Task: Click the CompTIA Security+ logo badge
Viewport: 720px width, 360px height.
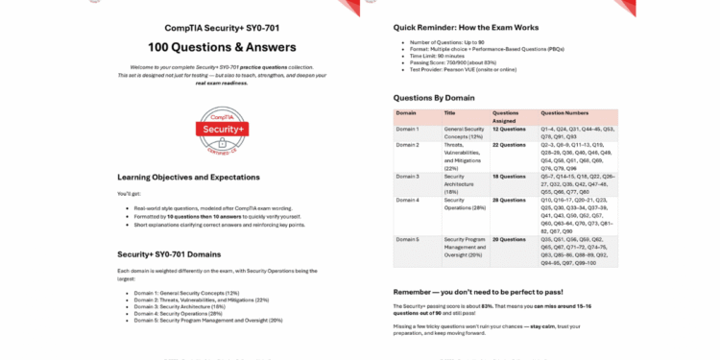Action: (x=222, y=129)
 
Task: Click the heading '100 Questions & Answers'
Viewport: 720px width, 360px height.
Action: (x=222, y=47)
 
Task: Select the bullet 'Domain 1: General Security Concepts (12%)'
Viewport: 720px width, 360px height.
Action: (x=186, y=293)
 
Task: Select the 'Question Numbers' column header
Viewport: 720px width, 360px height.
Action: (x=564, y=113)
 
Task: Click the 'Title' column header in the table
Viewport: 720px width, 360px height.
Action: (x=450, y=113)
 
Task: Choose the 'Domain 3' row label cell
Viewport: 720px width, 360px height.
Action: (x=408, y=177)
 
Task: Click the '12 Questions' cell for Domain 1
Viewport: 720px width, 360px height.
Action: (x=509, y=128)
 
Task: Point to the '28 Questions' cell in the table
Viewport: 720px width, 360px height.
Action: (x=509, y=200)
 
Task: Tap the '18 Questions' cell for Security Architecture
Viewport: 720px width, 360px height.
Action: (x=509, y=177)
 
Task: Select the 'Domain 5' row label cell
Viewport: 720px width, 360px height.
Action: (x=408, y=239)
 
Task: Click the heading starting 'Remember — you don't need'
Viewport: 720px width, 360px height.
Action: (x=478, y=291)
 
